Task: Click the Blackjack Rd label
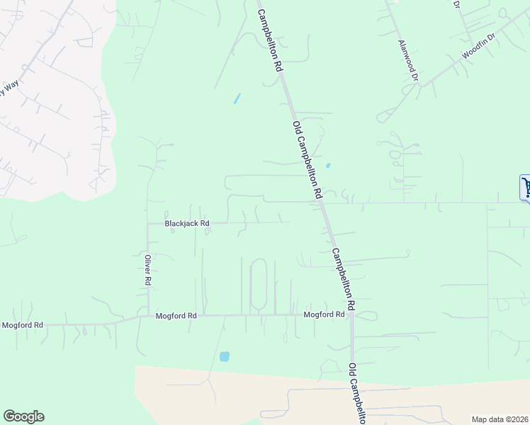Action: pyautogui.click(x=187, y=223)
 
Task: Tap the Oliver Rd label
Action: pyautogui.click(x=148, y=270)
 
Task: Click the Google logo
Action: pyautogui.click(x=23, y=416)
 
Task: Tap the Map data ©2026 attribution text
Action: pyautogui.click(x=500, y=419)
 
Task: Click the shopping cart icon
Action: pyautogui.click(x=526, y=188)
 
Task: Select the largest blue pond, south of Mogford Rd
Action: pyautogui.click(x=225, y=356)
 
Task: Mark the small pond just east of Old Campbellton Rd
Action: pyautogui.click(x=327, y=166)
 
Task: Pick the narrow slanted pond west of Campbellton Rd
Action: pyautogui.click(x=237, y=98)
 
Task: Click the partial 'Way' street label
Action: pyautogui.click(x=8, y=89)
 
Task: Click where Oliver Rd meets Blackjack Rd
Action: pyautogui.click(x=147, y=223)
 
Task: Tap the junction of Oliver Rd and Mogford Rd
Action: pyautogui.click(x=147, y=315)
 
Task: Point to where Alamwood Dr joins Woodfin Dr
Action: pyautogui.click(x=419, y=84)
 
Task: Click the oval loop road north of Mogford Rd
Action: pyautogui.click(x=259, y=283)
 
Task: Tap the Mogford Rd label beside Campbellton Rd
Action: pyautogui.click(x=324, y=314)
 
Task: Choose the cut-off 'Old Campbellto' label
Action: pyautogui.click(x=356, y=394)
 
